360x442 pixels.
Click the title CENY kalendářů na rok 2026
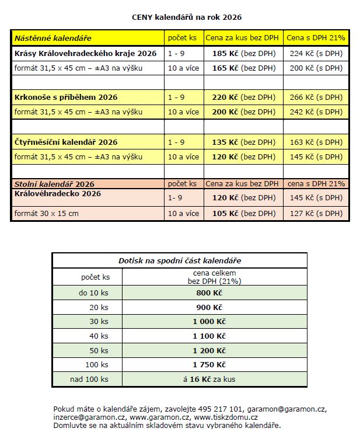[186, 18]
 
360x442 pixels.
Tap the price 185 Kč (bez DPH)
[243, 53]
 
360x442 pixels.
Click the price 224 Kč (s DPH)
[316, 53]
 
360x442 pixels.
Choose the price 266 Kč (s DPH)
[316, 97]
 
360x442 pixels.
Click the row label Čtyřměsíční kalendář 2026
[66, 142]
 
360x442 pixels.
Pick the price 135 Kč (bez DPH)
[243, 142]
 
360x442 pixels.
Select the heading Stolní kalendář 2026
[54, 184]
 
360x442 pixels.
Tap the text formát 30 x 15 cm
[47, 214]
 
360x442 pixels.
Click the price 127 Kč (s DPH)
[316, 214]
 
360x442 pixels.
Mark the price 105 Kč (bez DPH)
[243, 214]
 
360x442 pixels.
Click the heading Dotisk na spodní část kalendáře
[180, 260]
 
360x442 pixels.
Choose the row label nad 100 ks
[88, 379]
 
